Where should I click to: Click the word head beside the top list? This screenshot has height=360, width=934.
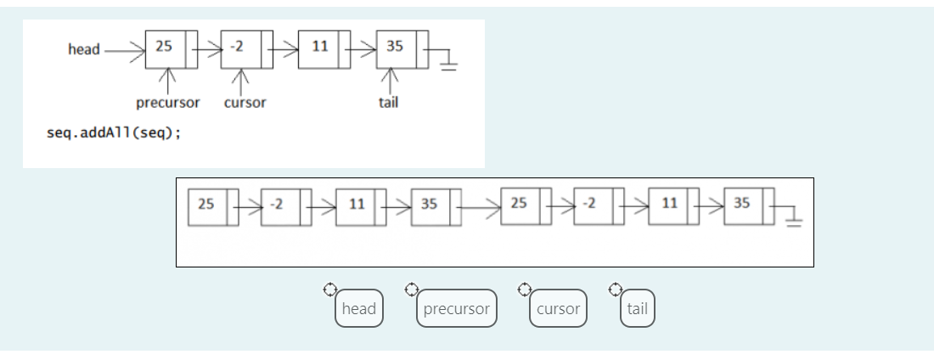[83, 49]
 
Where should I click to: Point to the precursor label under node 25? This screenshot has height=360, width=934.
[168, 103]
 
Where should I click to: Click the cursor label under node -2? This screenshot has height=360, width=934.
[245, 103]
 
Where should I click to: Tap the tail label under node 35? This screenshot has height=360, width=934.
[389, 103]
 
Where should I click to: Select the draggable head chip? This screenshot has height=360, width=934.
[358, 309]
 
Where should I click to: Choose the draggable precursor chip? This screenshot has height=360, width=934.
[456, 309]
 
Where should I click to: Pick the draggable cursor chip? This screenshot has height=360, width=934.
[558, 309]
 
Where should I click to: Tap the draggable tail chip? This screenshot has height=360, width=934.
[637, 309]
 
